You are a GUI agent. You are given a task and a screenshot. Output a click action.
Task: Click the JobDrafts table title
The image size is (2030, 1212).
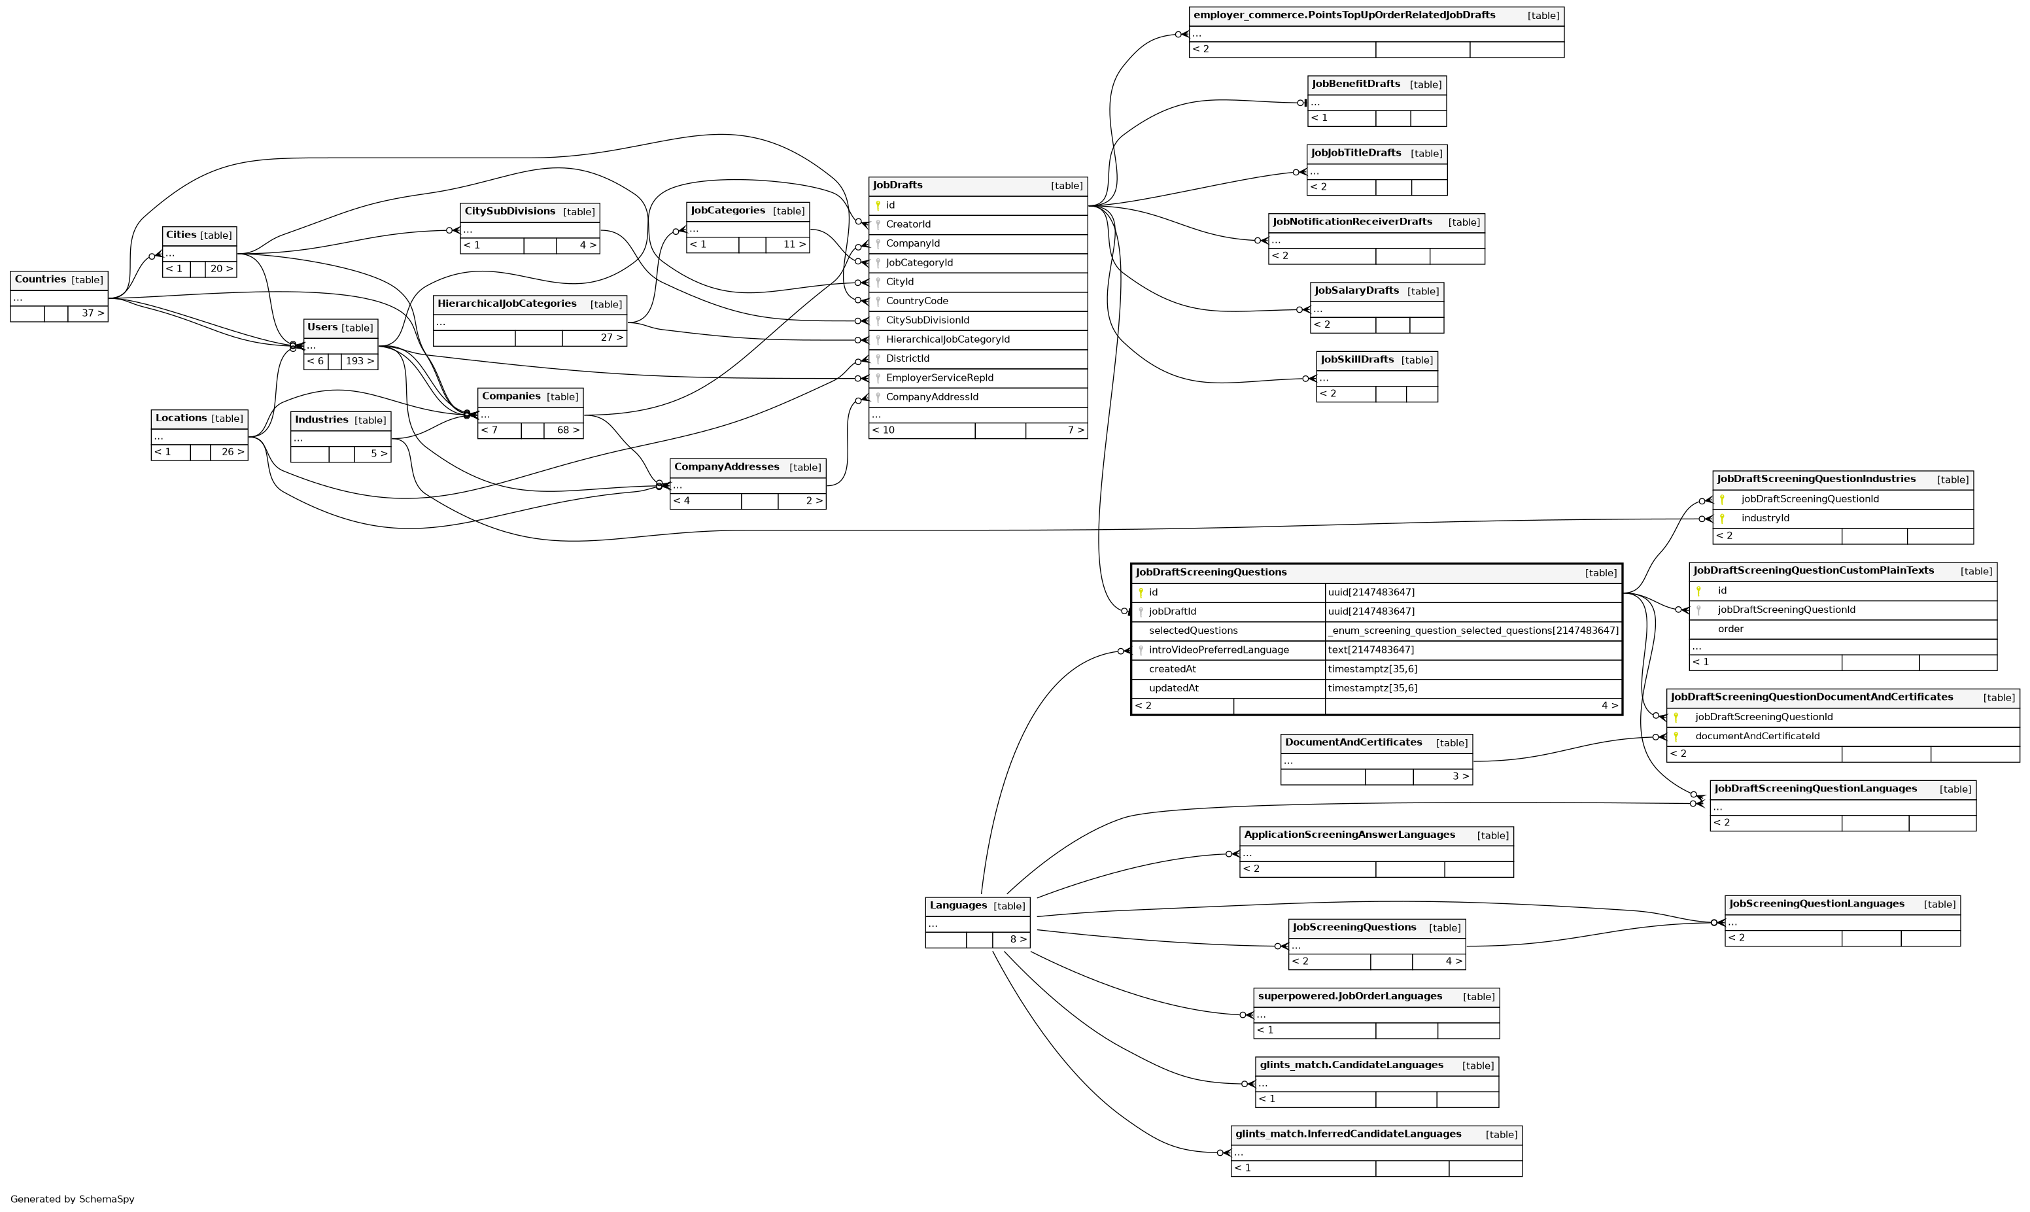[897, 185]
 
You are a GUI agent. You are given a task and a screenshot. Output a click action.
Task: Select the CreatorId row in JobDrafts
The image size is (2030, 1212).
[908, 224]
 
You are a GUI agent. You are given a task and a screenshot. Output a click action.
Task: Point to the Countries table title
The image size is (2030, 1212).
[40, 279]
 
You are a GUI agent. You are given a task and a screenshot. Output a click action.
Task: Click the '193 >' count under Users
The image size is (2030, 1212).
[359, 361]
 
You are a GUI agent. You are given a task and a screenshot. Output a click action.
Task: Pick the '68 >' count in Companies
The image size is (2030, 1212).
[568, 430]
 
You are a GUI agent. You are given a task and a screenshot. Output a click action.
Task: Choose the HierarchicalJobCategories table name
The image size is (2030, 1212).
[506, 303]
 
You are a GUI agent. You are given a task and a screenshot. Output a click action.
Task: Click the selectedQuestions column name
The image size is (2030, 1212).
[1193, 631]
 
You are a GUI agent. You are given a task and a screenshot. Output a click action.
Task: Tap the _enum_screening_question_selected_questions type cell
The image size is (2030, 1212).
[1472, 631]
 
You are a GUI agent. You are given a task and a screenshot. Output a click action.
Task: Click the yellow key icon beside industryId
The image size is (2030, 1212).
[1722, 519]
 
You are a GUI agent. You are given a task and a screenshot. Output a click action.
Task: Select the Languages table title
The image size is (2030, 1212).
[958, 906]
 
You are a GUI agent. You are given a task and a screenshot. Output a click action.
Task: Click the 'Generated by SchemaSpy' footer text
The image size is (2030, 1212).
[73, 1200]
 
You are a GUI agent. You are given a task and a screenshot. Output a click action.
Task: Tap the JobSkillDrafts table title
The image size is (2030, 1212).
[1357, 360]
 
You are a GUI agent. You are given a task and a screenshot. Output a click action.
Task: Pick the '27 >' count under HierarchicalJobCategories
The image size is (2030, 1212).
[611, 338]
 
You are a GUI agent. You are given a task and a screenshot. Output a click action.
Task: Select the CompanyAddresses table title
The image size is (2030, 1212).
[726, 467]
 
